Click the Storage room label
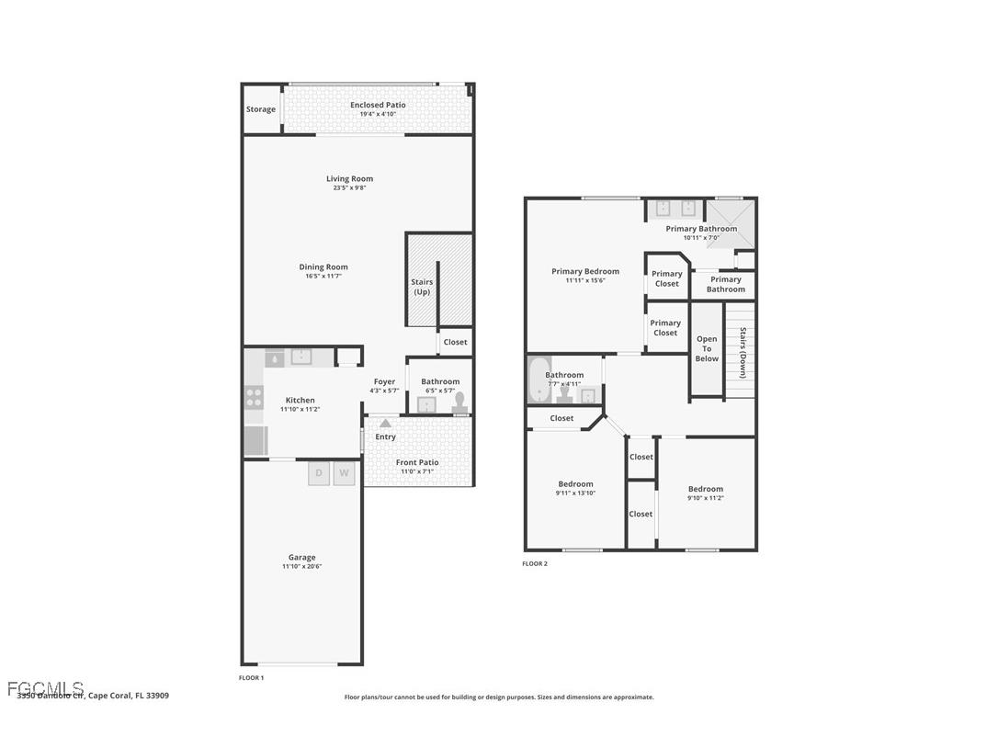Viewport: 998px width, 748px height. (260, 109)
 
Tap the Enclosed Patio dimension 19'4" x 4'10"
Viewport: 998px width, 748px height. (378, 115)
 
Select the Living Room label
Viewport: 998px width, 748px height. (349, 179)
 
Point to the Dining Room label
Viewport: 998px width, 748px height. (323, 267)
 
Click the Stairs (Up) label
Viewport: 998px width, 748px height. (422, 288)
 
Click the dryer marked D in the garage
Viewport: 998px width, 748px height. (319, 474)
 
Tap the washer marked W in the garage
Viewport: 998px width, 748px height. (344, 474)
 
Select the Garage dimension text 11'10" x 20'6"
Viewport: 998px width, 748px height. (301, 567)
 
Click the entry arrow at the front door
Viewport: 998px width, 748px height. (385, 424)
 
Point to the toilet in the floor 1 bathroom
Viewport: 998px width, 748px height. (459, 403)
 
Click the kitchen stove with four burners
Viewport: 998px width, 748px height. (254, 398)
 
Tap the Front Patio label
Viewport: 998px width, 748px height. (417, 462)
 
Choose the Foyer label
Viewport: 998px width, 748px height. (384, 381)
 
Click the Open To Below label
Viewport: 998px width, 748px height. (707, 348)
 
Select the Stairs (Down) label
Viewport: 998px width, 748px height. (743, 353)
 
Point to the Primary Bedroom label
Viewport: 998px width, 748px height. (585, 271)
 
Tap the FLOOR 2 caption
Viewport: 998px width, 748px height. (535, 564)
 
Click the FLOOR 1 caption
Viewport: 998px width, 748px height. (251, 678)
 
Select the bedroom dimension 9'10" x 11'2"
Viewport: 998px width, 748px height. (706, 498)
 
